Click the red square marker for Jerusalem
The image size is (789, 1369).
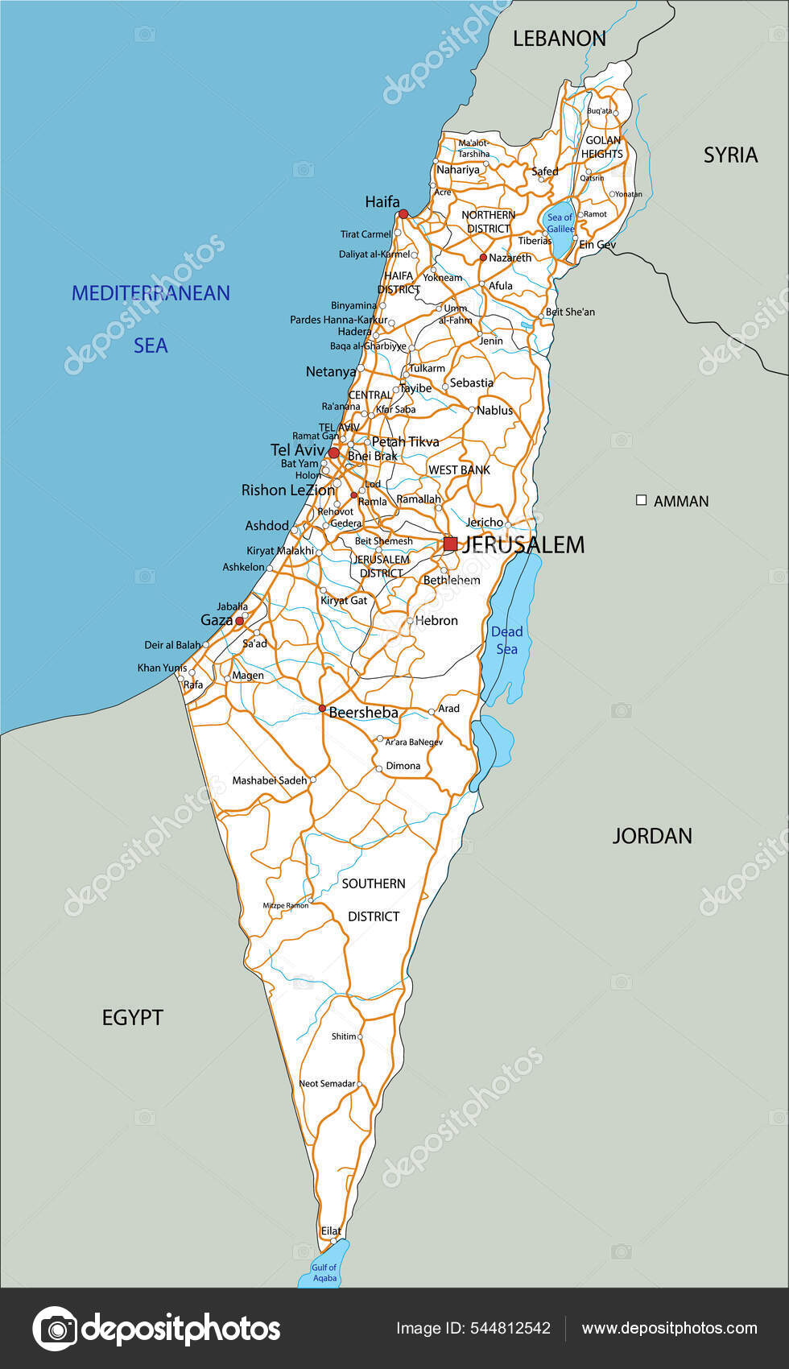click(x=450, y=544)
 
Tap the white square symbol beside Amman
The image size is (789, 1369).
click(x=642, y=500)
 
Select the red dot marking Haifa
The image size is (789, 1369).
click(x=403, y=214)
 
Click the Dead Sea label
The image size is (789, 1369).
click(x=507, y=640)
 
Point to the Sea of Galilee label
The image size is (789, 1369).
click(x=560, y=223)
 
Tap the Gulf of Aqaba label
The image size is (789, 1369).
click(x=324, y=1272)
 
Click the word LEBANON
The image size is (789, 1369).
click(x=560, y=38)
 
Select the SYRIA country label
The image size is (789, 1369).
click(x=730, y=155)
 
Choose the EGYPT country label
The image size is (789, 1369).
click(x=133, y=1017)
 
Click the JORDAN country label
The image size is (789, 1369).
click(x=652, y=836)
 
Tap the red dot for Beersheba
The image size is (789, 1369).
click(x=322, y=709)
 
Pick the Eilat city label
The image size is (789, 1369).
click(x=331, y=1230)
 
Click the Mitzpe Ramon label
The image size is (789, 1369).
click(x=285, y=905)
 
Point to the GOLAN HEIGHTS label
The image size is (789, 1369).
click(x=602, y=147)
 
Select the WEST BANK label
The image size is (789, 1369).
click(x=459, y=469)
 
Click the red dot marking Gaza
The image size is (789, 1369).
click(x=239, y=621)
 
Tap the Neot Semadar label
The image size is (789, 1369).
click(x=327, y=1083)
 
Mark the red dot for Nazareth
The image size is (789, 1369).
click(x=483, y=258)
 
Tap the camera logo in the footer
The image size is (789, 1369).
click(x=55, y=1328)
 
